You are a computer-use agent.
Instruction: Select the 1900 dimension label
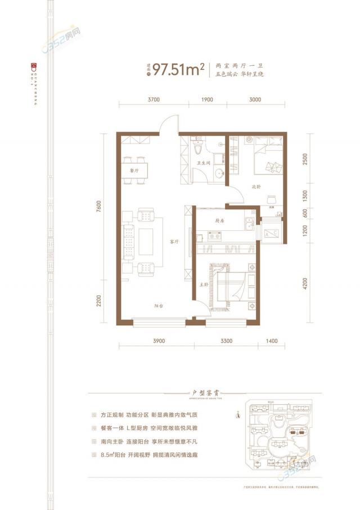[206, 99]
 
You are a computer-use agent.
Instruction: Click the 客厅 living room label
[174, 241]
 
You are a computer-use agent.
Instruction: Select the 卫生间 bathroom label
[203, 164]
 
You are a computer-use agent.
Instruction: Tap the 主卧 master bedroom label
[204, 285]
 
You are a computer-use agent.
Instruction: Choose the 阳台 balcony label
[159, 306]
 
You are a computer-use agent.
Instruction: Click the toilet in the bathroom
[197, 149]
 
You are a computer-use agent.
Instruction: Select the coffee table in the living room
[147, 241]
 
